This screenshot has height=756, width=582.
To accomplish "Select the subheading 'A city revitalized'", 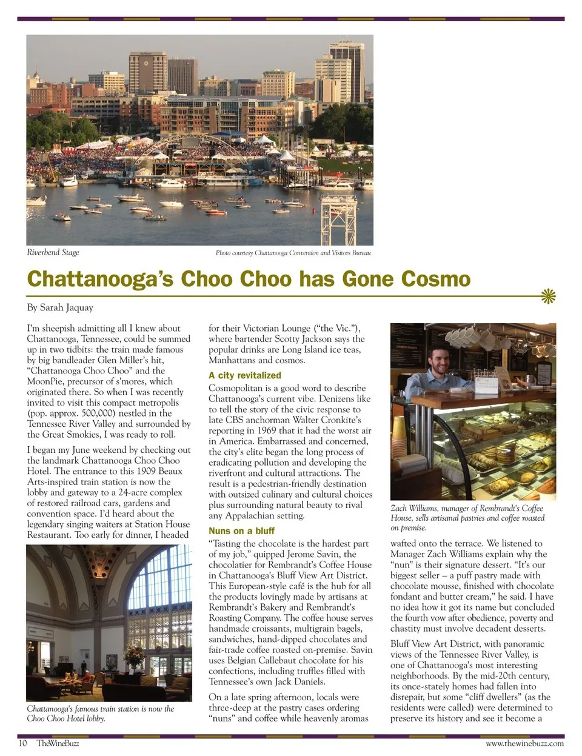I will click(x=244, y=375).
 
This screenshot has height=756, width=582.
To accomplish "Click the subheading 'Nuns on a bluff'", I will click(x=241, y=531).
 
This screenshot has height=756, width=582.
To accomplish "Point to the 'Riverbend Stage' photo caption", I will click(x=53, y=252).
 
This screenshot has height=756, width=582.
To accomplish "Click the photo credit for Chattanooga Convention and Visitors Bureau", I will click(x=293, y=253).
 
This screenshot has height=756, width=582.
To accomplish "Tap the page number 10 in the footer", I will click(x=22, y=743).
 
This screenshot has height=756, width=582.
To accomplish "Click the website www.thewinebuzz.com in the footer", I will click(x=524, y=743).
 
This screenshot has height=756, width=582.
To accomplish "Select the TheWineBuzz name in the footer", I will click(x=58, y=743).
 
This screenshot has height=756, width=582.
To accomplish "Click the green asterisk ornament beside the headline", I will click(x=548, y=296).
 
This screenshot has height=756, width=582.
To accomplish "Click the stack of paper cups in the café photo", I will click(x=399, y=437).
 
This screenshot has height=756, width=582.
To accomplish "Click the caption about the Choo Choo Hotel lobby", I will click(x=100, y=714).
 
